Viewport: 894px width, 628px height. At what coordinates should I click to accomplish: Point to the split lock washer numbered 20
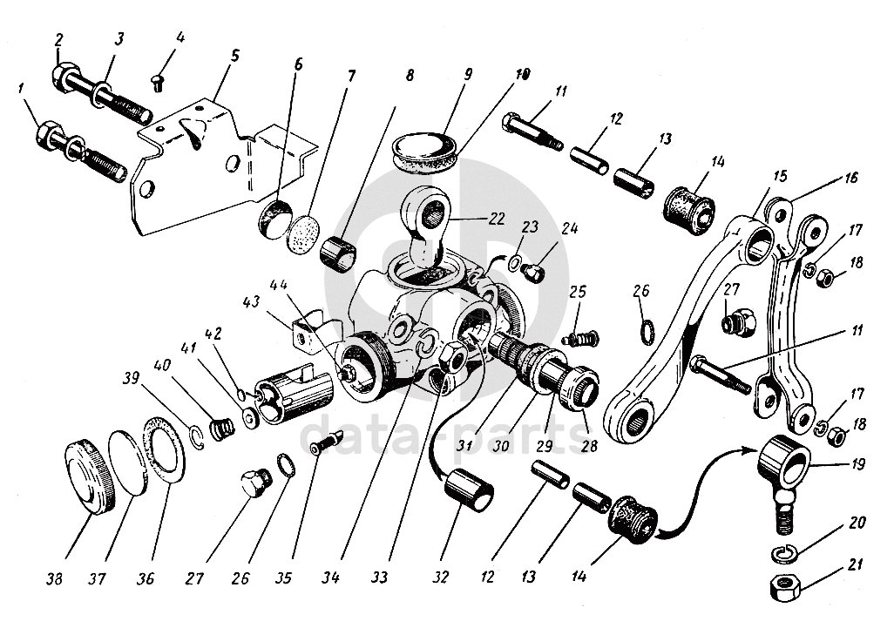click(783, 553)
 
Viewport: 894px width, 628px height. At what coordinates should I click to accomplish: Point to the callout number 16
click(850, 179)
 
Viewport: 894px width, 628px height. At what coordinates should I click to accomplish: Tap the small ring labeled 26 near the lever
click(647, 332)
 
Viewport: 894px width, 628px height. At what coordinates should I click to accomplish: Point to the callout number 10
click(522, 75)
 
